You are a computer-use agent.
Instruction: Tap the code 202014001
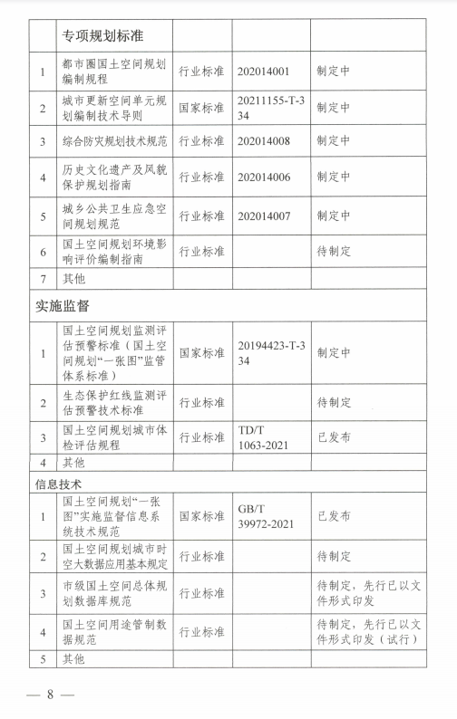(x=267, y=71)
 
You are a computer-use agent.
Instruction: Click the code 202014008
(x=267, y=141)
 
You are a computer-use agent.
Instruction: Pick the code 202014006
(x=267, y=178)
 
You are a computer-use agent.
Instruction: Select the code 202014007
(x=267, y=216)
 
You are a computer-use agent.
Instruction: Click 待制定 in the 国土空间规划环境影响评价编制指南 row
(x=333, y=251)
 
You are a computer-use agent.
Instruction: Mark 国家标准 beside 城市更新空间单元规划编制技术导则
(x=201, y=108)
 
